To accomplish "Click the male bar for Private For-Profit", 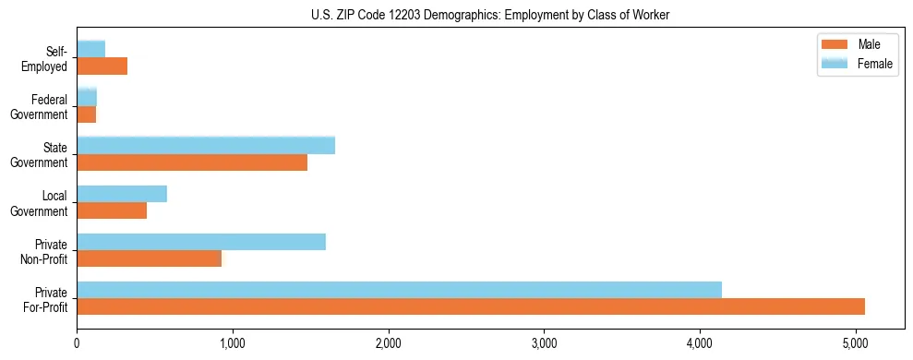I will click(471, 306).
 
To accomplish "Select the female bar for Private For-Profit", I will click(399, 290).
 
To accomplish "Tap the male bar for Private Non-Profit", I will click(149, 258).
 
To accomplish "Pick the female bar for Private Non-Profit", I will click(201, 242).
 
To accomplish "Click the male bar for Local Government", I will click(112, 210).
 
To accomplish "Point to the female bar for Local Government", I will click(122, 194).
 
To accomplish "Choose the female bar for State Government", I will click(206, 146).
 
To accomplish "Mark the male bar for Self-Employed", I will click(102, 66).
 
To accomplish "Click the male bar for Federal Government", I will click(86, 114).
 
